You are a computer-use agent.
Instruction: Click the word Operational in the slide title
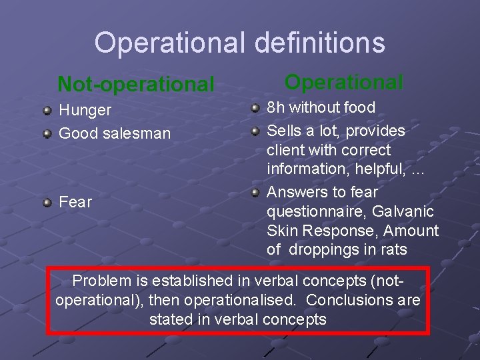click(x=170, y=43)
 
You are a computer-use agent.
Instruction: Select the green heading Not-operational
click(x=136, y=84)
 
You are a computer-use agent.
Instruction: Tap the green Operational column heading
click(x=343, y=83)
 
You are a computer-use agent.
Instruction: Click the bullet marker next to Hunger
click(x=47, y=110)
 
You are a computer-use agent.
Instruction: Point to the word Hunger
click(x=85, y=110)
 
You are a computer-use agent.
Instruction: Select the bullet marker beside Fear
click(x=47, y=203)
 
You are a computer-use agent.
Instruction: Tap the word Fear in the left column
click(x=75, y=202)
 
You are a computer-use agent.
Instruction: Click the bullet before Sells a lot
click(x=255, y=131)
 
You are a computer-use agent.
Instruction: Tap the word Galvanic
click(x=403, y=211)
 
